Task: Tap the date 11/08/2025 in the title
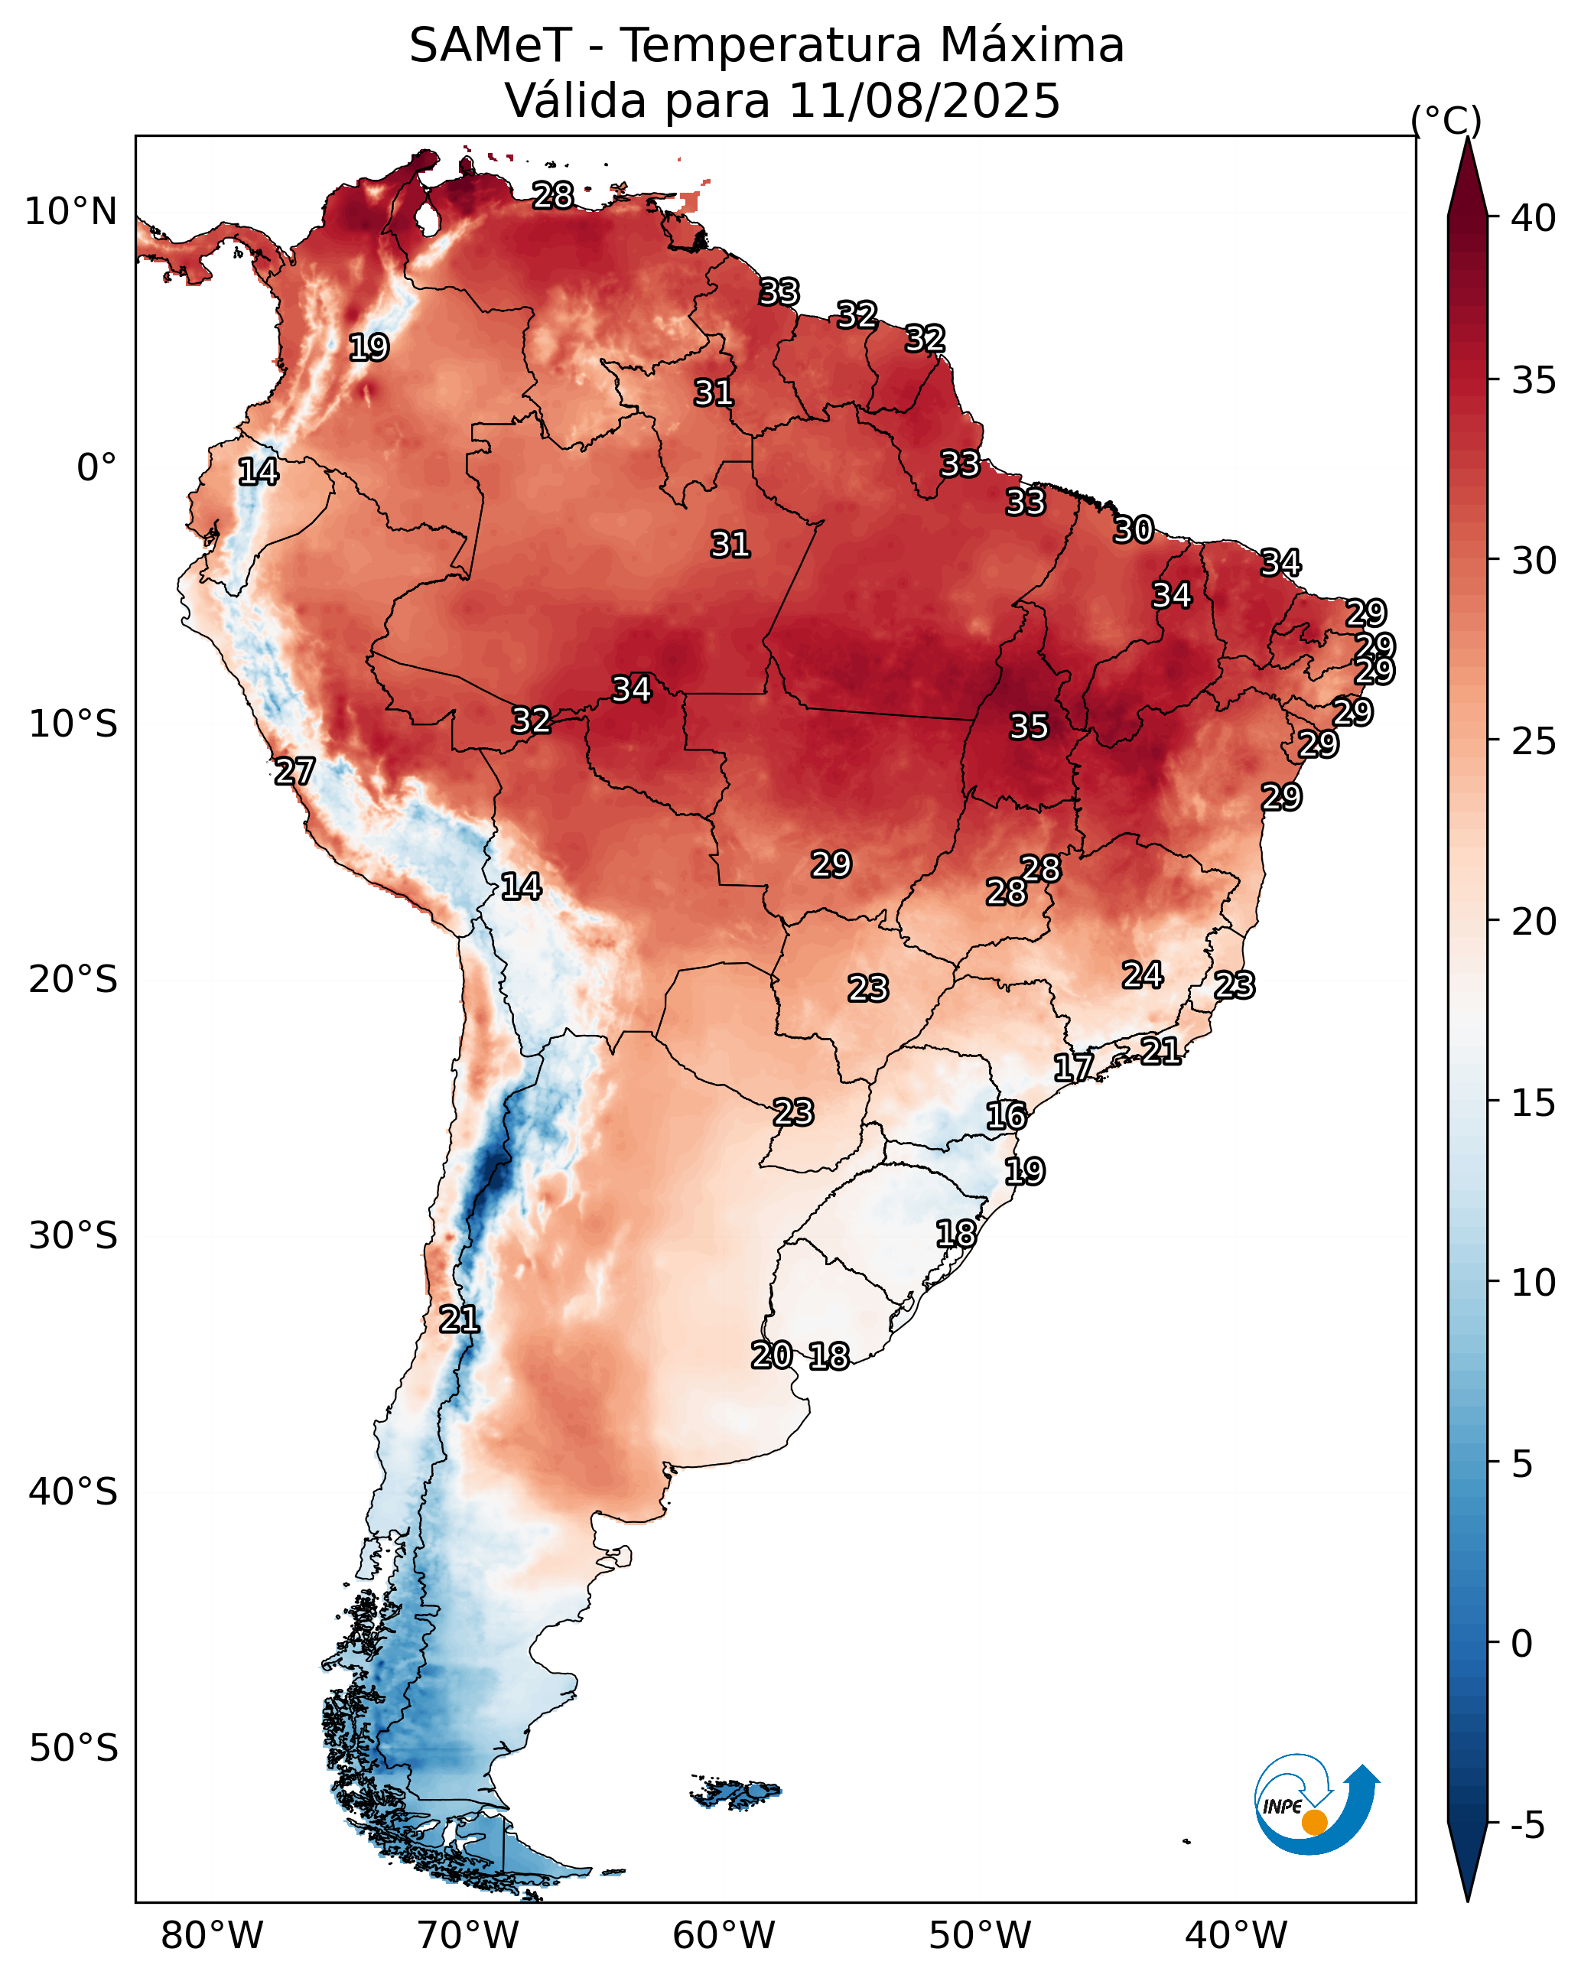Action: click(x=923, y=101)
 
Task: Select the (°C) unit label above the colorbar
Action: click(x=1445, y=121)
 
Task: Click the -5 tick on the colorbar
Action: click(x=1527, y=1826)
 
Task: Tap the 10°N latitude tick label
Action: click(x=70, y=212)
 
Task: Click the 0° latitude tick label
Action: click(x=96, y=468)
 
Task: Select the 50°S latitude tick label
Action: click(x=73, y=1749)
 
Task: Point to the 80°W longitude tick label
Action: click(x=212, y=1936)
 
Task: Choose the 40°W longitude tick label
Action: click(x=1236, y=1936)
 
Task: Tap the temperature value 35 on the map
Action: click(x=1029, y=727)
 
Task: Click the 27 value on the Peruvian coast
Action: click(x=294, y=772)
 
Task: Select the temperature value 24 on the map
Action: click(x=1143, y=975)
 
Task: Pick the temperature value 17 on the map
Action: click(x=1072, y=1067)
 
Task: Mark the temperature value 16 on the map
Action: click(x=1007, y=1116)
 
